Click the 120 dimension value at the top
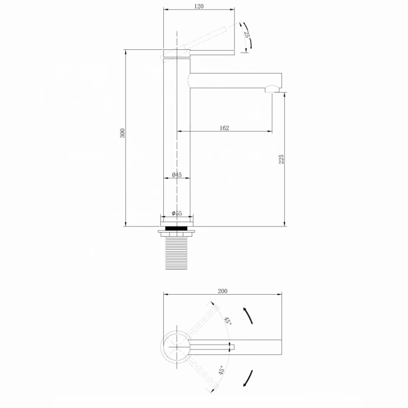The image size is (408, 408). [x=199, y=6]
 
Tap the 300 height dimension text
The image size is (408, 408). [x=122, y=133]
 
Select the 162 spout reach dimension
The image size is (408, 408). [x=224, y=128]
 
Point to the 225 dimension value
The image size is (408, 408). [x=281, y=159]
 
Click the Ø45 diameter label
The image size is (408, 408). [x=177, y=175]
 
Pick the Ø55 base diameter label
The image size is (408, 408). [x=177, y=214]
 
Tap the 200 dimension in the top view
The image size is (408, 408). [x=223, y=291]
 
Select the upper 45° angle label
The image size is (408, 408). [x=228, y=321]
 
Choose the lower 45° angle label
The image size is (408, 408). [x=221, y=370]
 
